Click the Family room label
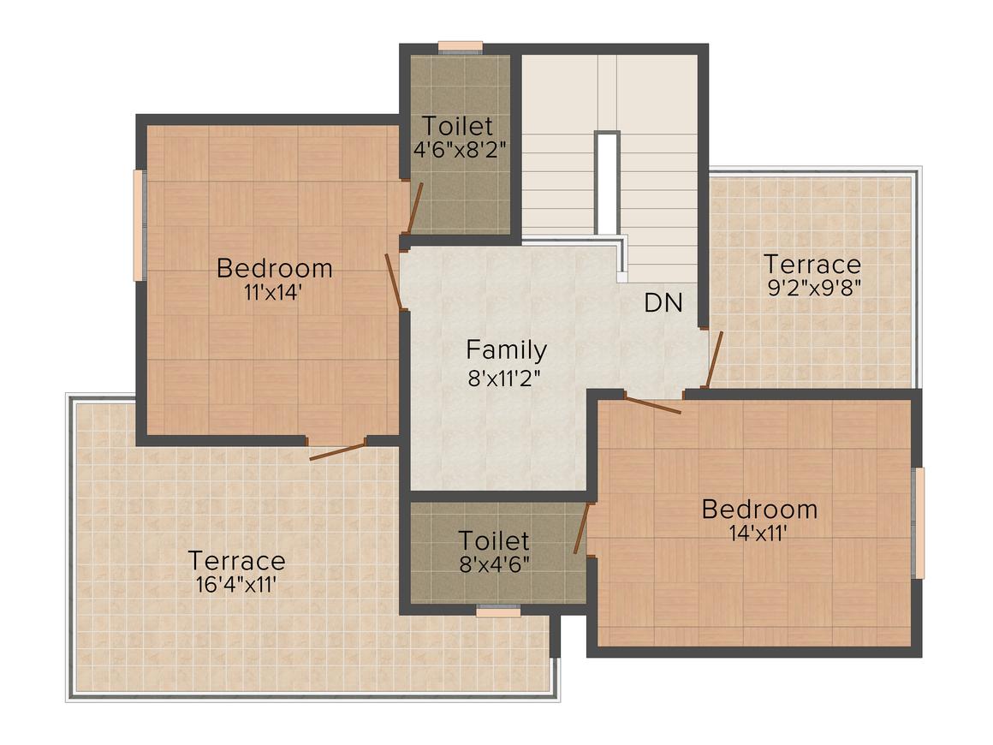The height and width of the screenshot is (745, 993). coord(506,350)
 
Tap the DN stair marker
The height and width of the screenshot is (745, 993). coord(663,303)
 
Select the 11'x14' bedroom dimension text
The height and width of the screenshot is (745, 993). coord(273,293)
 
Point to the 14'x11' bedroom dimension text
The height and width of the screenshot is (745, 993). coord(758,533)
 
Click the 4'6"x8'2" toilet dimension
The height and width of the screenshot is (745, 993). coord(459,150)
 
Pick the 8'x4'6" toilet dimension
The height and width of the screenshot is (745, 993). coord(495,563)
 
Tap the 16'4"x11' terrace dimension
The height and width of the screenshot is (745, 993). coord(236,584)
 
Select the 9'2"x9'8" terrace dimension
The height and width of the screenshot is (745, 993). coord(814,289)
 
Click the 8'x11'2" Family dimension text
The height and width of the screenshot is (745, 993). coord(504,378)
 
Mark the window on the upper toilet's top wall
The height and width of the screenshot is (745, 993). coord(461,48)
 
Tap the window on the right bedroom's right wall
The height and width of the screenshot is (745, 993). coord(917,522)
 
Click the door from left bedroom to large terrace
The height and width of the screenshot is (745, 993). coord(337,449)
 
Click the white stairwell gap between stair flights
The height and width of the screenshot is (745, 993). coord(607,184)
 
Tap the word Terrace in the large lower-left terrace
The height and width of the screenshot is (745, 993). coord(237,561)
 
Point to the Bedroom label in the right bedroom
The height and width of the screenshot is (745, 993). coord(759,510)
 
